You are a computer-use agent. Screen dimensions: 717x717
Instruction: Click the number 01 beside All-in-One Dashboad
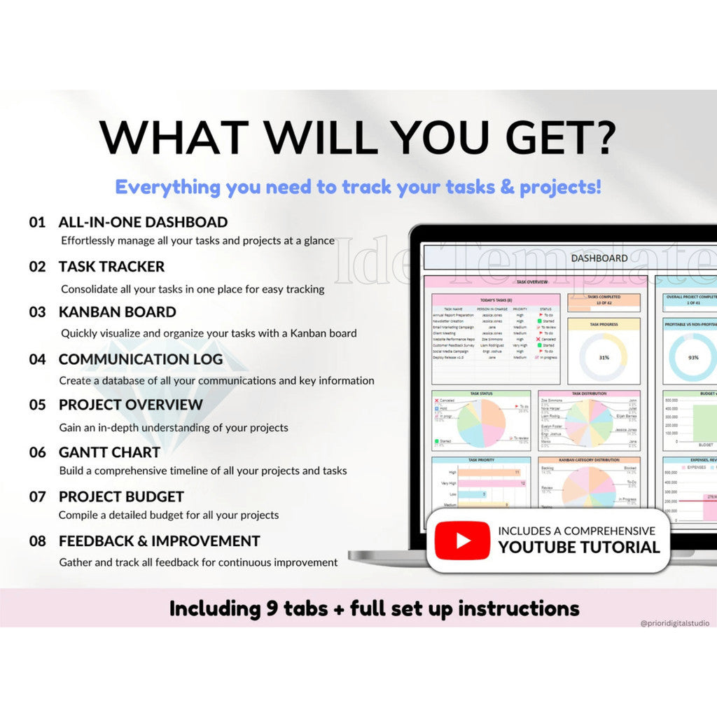pos(36,223)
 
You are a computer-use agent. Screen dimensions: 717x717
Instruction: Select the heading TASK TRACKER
pos(111,267)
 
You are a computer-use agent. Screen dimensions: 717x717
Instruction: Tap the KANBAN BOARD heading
pos(117,312)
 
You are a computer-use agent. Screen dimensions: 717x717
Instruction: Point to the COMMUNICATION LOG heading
pos(140,359)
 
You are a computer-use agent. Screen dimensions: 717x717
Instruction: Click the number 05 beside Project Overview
pos(37,405)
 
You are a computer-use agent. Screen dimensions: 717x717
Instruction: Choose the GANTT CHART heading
pos(109,452)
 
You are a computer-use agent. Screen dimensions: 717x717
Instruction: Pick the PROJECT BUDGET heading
pos(121,497)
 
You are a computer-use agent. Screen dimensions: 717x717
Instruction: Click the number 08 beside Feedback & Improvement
pos(37,541)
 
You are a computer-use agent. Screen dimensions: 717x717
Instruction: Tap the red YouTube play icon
pos(462,541)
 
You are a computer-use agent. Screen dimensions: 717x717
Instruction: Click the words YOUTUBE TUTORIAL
pos(579,548)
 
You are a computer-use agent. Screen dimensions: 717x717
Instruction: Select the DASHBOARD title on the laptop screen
pos(599,258)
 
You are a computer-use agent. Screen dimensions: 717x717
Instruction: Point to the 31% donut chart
pos(604,357)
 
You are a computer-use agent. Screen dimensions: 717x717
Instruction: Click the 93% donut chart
pos(692,357)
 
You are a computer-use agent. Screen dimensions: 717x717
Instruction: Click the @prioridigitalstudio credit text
pos(674,622)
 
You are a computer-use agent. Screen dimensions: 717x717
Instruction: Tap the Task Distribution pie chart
pos(588,423)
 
